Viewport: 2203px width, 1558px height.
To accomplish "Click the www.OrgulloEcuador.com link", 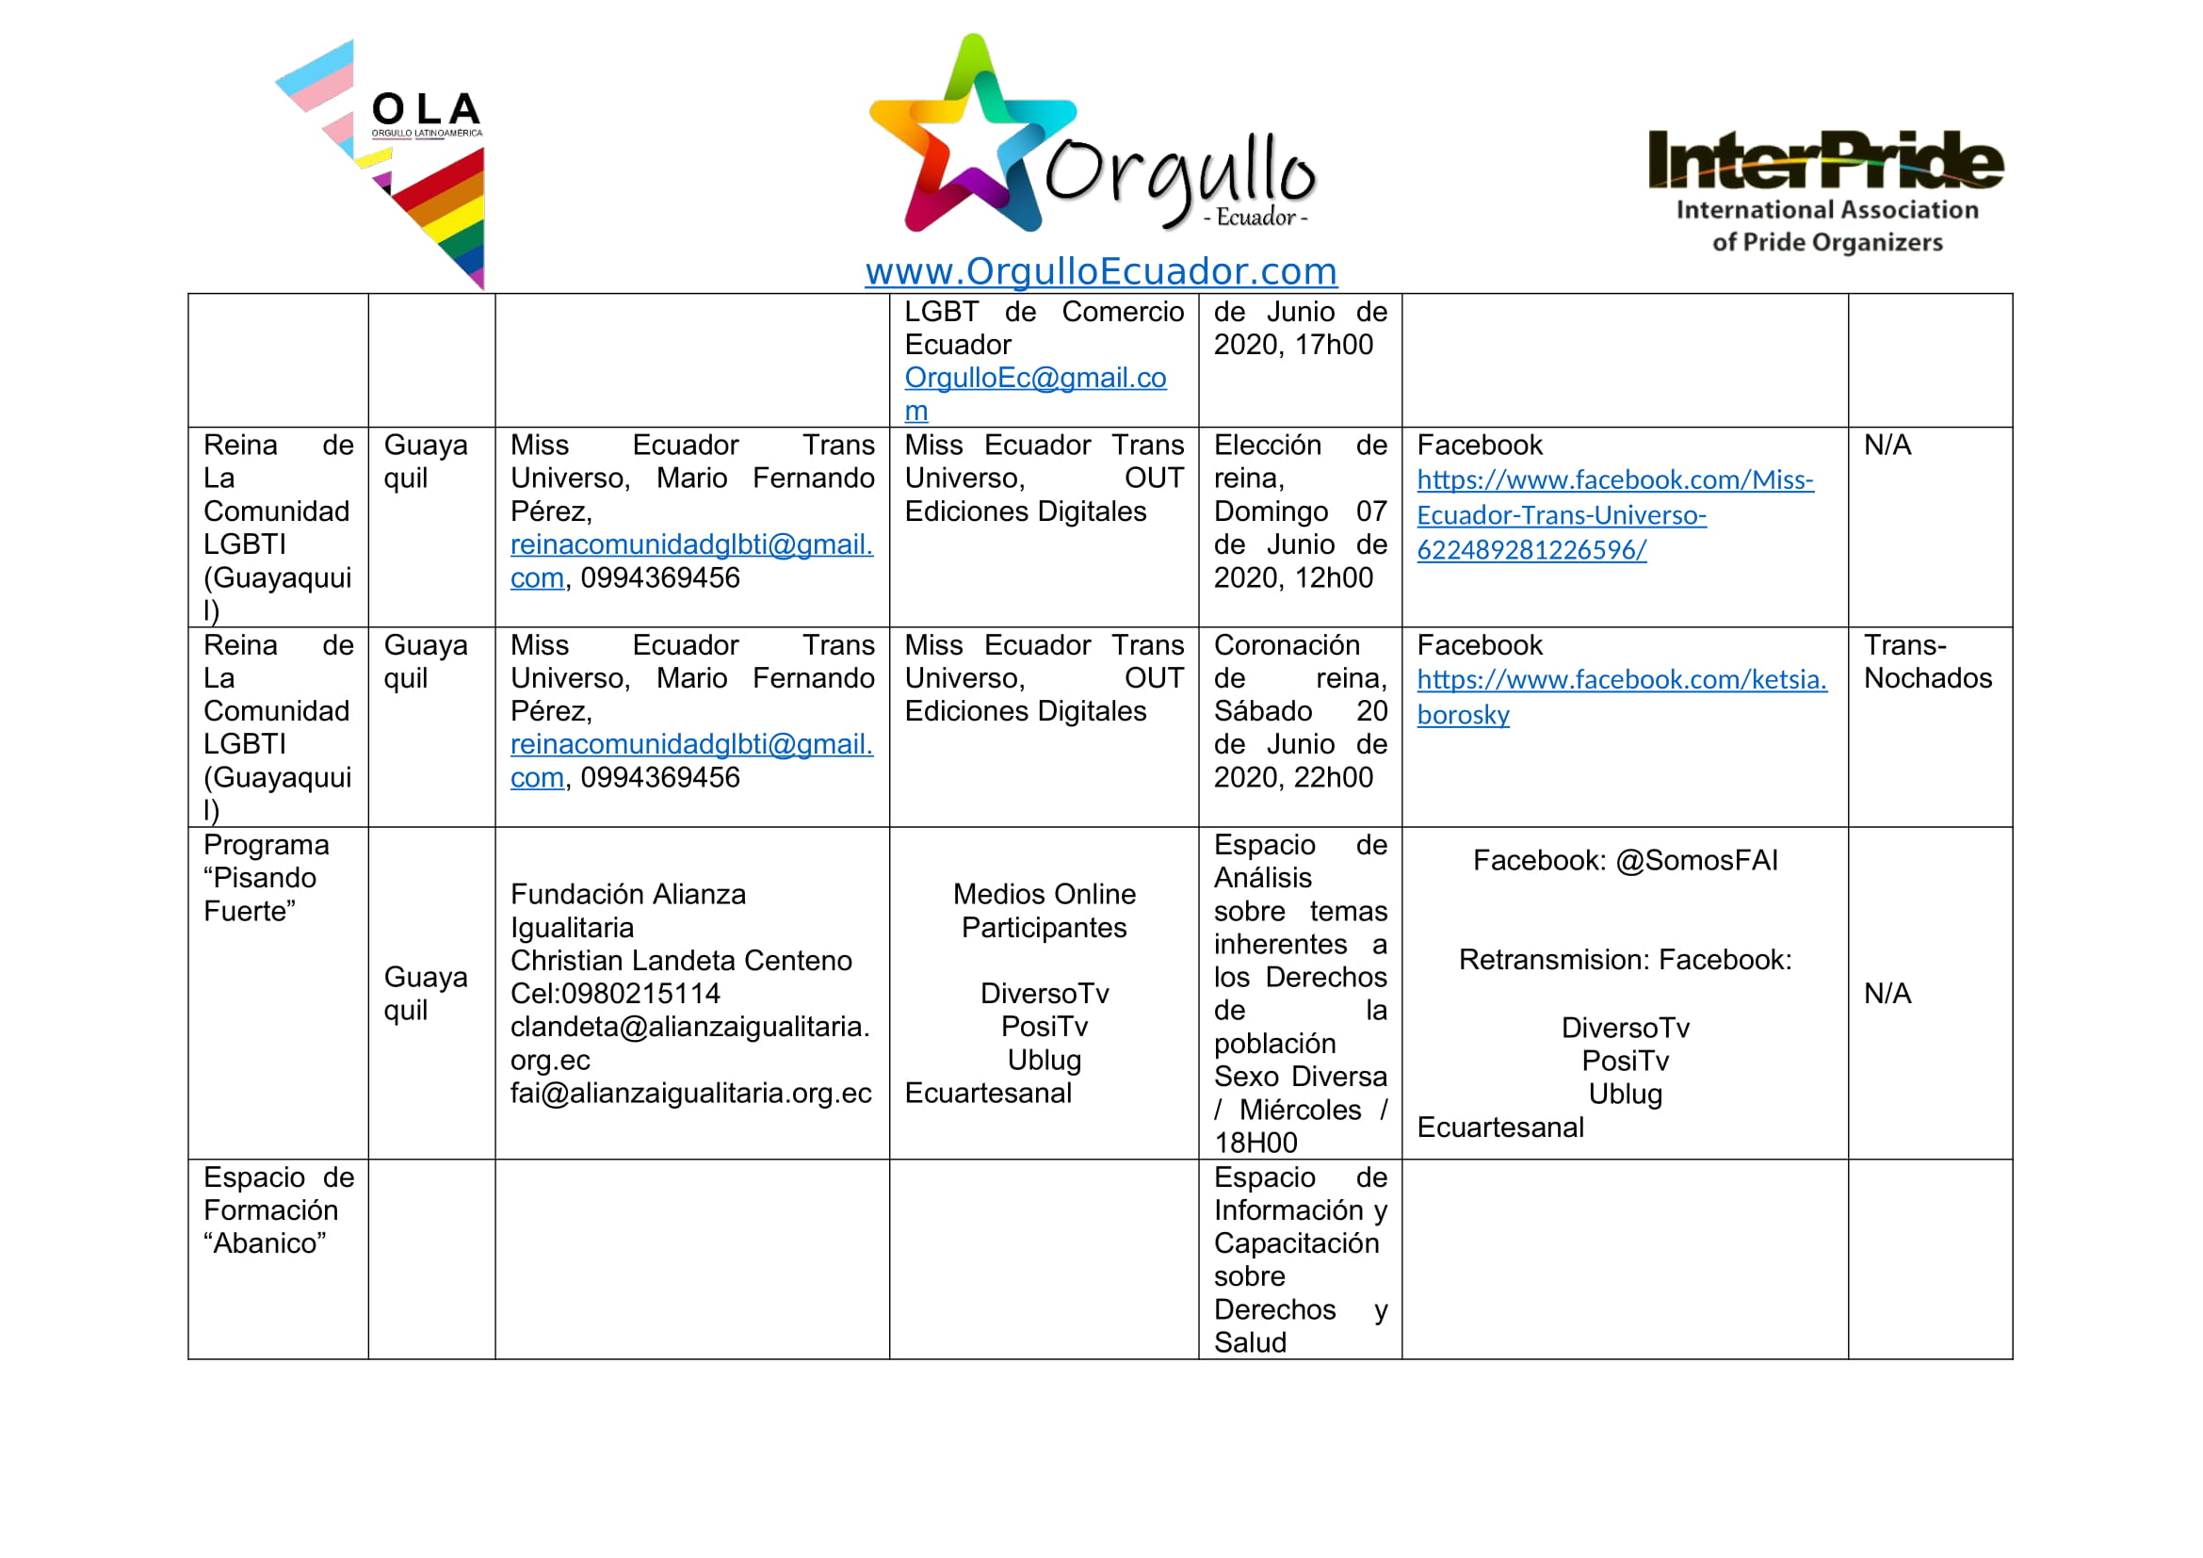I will pos(1100,271).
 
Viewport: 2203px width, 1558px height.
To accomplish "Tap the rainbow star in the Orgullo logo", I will pos(971,139).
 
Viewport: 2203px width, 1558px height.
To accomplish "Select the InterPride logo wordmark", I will pos(1825,160).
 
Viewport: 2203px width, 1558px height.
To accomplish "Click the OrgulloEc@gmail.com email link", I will pos(1034,378).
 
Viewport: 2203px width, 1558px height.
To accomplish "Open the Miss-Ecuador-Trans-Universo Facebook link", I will pos(1614,515).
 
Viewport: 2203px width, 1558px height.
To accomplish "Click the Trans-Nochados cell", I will pos(1927,662).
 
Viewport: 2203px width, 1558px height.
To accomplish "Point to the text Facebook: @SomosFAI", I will pos(1625,861).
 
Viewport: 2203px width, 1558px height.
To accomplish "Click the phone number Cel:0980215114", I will pos(615,994).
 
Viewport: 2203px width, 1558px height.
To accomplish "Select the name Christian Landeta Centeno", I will pos(680,960).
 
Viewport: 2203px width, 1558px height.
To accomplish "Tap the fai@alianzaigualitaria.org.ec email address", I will pos(689,1094).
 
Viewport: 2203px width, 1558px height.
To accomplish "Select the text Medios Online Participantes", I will pos(1044,912).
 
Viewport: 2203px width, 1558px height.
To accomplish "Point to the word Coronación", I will pos(1287,644).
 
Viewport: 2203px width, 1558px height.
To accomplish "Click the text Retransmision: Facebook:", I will pos(1625,960).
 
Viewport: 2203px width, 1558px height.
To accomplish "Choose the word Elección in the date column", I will pos(1267,446).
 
